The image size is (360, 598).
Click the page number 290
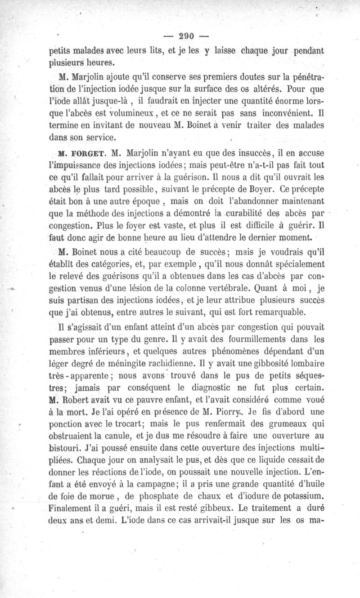point(180,36)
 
